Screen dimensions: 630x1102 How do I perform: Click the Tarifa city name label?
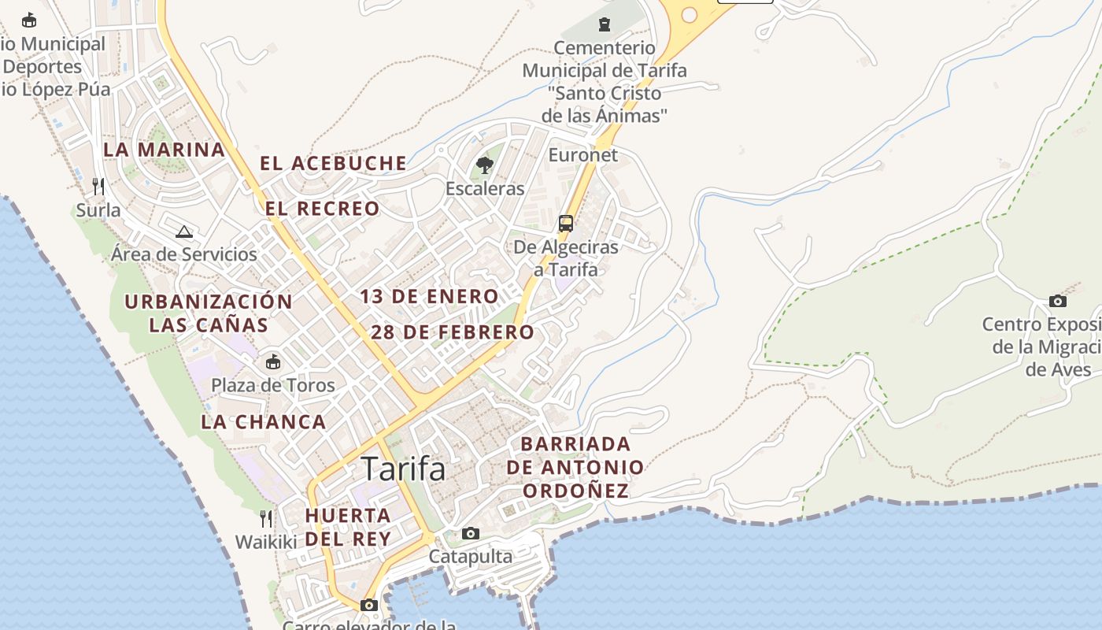pyautogui.click(x=403, y=469)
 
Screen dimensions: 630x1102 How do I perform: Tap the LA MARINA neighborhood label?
pyautogui.click(x=164, y=150)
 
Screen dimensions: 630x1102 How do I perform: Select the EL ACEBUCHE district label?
pyautogui.click(x=334, y=164)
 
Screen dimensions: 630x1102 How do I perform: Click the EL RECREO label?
pyautogui.click(x=323, y=209)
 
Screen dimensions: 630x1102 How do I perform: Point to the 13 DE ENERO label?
pyautogui.click(x=430, y=297)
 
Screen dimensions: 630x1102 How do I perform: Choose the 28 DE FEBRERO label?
pyautogui.click(x=453, y=332)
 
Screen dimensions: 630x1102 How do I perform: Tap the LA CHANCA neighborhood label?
pyautogui.click(x=264, y=422)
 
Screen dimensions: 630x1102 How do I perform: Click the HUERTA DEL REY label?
pyautogui.click(x=348, y=527)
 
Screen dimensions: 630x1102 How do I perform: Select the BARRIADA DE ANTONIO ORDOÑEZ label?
pyautogui.click(x=575, y=467)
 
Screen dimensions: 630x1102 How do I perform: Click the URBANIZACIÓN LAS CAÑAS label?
pyautogui.click(x=209, y=313)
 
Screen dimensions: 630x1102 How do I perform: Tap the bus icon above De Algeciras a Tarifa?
pyautogui.click(x=566, y=223)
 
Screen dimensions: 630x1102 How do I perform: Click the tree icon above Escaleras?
pyautogui.click(x=485, y=165)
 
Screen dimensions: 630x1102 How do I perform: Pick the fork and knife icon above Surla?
pyautogui.click(x=98, y=187)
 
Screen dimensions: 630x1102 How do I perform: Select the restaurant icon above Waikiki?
pyautogui.click(x=266, y=519)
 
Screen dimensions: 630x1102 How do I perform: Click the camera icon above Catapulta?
pyautogui.click(x=471, y=534)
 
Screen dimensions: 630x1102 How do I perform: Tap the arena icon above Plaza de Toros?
pyautogui.click(x=272, y=362)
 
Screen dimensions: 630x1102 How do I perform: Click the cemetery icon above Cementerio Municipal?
pyautogui.click(x=605, y=24)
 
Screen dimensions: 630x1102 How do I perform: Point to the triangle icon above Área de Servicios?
pyautogui.click(x=184, y=232)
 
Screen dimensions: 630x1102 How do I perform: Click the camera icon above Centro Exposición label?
pyautogui.click(x=1058, y=302)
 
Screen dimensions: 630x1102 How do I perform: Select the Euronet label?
pyautogui.click(x=582, y=155)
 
